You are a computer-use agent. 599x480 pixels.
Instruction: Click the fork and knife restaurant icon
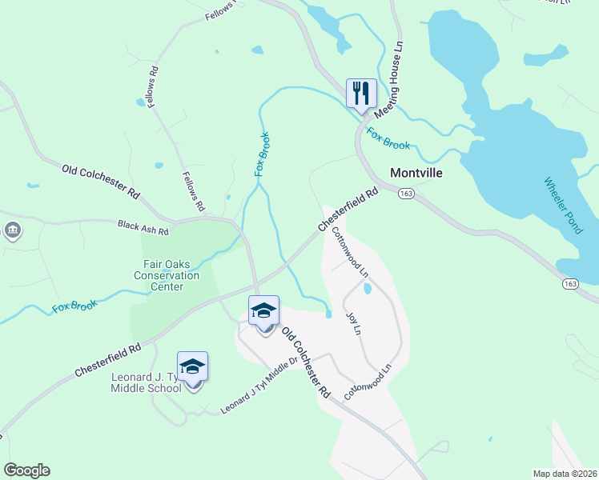pyautogui.click(x=361, y=93)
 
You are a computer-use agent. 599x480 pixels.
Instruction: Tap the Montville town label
pyautogui.click(x=416, y=172)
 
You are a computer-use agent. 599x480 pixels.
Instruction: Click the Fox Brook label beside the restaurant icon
pyautogui.click(x=388, y=139)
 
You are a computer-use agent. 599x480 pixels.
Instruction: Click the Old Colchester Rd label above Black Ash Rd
pyautogui.click(x=101, y=181)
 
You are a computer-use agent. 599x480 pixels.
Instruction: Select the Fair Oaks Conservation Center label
pyautogui.click(x=167, y=275)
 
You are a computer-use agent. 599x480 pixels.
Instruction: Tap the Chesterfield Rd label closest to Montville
pyautogui.click(x=348, y=210)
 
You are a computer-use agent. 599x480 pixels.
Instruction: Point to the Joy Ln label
pyautogui.click(x=353, y=324)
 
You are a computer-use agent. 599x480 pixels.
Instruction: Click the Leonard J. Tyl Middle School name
pyautogui.click(x=146, y=383)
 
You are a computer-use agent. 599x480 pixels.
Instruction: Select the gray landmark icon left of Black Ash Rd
pyautogui.click(x=13, y=231)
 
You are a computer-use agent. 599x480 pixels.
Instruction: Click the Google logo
pyautogui.click(x=27, y=470)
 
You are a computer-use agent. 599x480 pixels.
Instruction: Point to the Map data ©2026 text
pyautogui.click(x=565, y=474)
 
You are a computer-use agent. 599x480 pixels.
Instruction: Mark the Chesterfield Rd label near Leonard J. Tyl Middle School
pyautogui.click(x=107, y=361)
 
